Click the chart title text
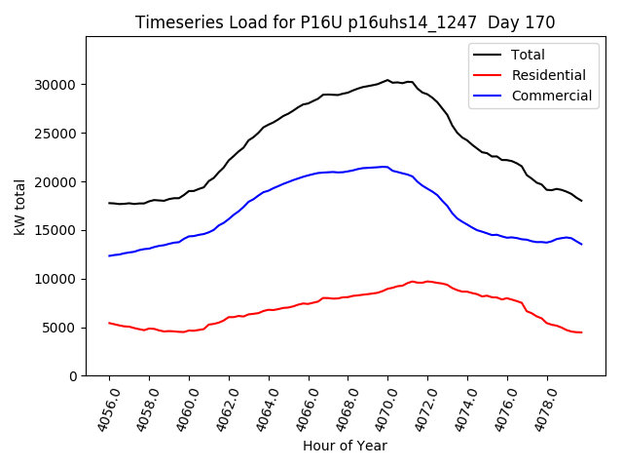click(x=344, y=22)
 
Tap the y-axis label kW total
click(x=20, y=207)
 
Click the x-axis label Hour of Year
click(x=345, y=446)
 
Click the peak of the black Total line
click(x=387, y=80)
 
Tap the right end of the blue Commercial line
click(x=582, y=244)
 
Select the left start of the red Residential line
click(x=109, y=323)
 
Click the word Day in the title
click(x=507, y=22)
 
